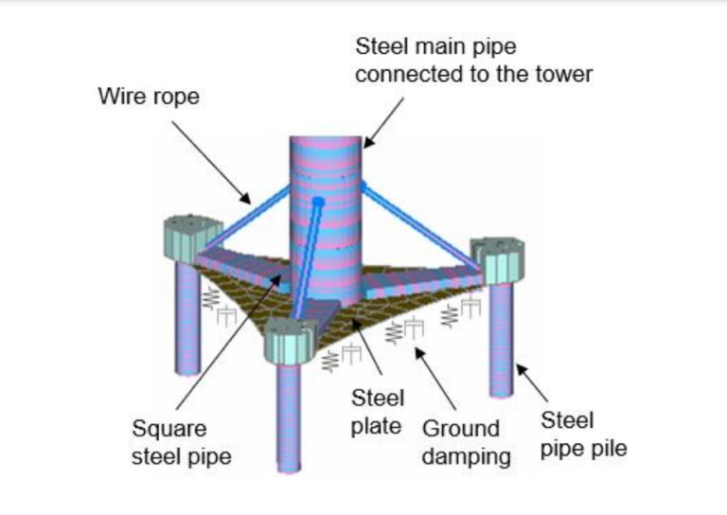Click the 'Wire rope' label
coord(149,97)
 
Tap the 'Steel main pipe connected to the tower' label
coord(473,60)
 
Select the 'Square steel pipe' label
coord(181,443)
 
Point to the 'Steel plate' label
coord(378,411)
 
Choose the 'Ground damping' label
coord(467,442)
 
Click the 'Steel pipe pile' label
coord(583,434)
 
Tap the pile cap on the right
coord(497,257)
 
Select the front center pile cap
coord(288,342)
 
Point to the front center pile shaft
coord(290,417)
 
